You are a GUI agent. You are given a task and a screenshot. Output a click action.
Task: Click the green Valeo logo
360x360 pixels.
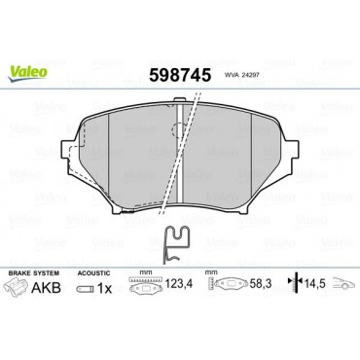tap(27, 73)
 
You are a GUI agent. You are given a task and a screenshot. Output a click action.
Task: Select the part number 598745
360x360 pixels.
tap(180, 75)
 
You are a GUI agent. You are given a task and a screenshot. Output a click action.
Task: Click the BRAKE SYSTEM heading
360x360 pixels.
tap(34, 273)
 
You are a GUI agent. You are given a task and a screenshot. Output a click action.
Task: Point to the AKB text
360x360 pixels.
tap(46, 287)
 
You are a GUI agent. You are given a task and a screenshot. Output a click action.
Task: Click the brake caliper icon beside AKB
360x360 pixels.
tap(16, 287)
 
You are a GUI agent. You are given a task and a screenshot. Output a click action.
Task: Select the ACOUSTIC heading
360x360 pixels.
tap(93, 273)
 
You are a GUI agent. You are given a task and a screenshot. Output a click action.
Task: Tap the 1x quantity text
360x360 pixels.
tap(104, 288)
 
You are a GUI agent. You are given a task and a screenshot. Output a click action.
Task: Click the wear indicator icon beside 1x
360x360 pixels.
tap(86, 288)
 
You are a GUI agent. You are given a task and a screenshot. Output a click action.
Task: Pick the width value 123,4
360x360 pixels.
tap(179, 284)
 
